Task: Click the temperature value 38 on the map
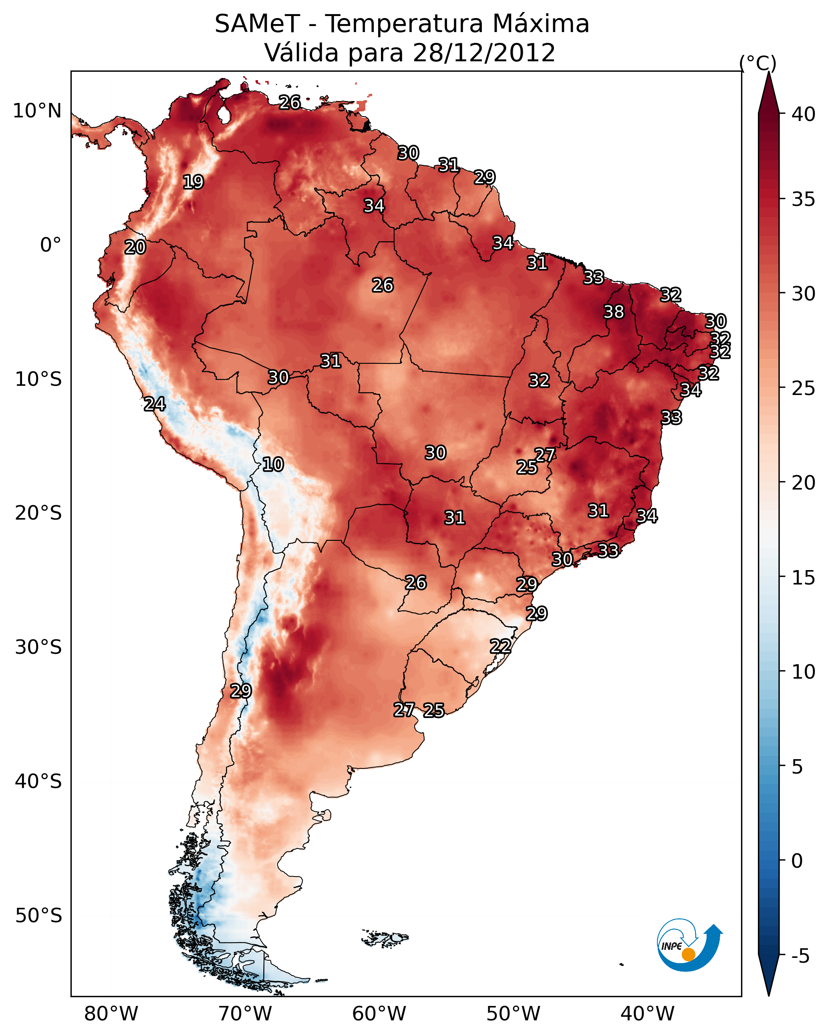pyautogui.click(x=614, y=312)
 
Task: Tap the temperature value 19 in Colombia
pyautogui.click(x=193, y=182)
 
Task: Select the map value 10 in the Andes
pyautogui.click(x=273, y=464)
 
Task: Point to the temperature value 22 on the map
pyautogui.click(x=500, y=646)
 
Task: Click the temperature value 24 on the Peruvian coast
pyautogui.click(x=155, y=404)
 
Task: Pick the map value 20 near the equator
pyautogui.click(x=135, y=247)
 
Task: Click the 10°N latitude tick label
pyautogui.click(x=37, y=111)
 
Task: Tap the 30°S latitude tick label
pyautogui.click(x=38, y=647)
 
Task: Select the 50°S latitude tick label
pyautogui.click(x=38, y=915)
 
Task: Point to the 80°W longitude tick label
pyautogui.click(x=111, y=1014)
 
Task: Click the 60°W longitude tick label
pyautogui.click(x=379, y=1014)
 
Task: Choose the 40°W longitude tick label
pyautogui.click(x=647, y=1014)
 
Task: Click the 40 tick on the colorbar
pyautogui.click(x=804, y=114)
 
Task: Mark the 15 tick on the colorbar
pyautogui.click(x=804, y=578)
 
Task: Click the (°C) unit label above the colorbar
pyautogui.click(x=758, y=63)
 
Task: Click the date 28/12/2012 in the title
pyautogui.click(x=484, y=53)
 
